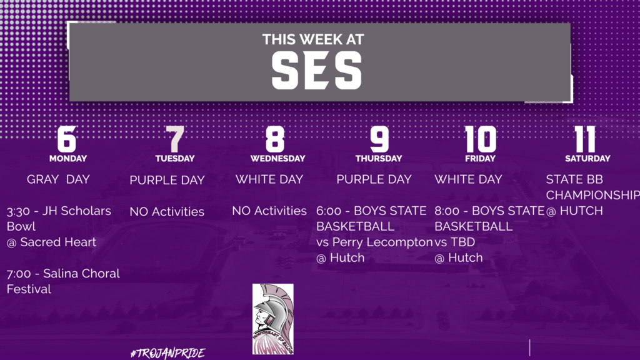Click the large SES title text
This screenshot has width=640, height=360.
point(317,71)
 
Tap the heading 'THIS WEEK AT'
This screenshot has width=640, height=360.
point(313,39)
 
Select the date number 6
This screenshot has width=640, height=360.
point(67,139)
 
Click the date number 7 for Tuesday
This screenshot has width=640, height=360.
point(175,139)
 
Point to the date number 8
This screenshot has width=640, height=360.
point(275,139)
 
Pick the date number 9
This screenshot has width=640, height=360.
point(379,139)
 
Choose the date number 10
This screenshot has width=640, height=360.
point(481,139)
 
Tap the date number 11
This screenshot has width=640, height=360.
point(585,139)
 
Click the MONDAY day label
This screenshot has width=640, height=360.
point(67,158)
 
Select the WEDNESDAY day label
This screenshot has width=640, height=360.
point(277,158)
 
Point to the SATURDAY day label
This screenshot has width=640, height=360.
point(587,158)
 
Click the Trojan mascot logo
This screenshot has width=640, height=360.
point(272,319)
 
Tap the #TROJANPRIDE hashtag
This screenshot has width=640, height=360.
point(167,353)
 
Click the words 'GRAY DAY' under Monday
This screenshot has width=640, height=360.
point(58,179)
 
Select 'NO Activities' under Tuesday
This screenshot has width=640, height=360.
point(167,211)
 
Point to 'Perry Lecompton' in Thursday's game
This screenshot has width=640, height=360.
point(382,242)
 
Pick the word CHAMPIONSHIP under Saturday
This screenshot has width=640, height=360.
point(592,195)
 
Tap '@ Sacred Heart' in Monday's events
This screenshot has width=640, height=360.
point(51,242)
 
